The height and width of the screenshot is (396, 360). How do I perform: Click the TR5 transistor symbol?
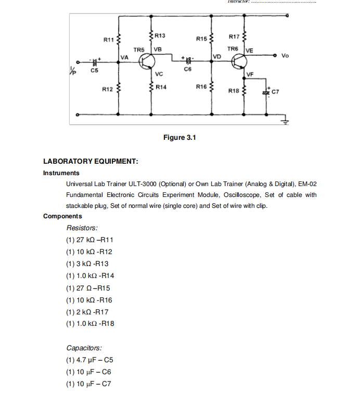(148, 62)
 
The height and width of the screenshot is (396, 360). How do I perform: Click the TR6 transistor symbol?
(239, 62)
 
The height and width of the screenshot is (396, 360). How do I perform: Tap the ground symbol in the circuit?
(286, 122)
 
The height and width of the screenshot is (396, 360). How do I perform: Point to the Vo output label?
(285, 55)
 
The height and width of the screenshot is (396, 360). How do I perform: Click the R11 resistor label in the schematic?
(108, 39)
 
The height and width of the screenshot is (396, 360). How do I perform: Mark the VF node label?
(250, 74)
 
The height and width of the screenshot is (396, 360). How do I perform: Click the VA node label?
(124, 57)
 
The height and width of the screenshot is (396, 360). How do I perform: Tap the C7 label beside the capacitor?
(276, 91)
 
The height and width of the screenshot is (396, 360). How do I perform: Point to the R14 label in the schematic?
(161, 87)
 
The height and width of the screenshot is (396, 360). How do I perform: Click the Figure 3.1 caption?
(179, 137)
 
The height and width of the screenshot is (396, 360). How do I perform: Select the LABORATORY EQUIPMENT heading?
(91, 161)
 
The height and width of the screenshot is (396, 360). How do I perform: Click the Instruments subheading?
(61, 173)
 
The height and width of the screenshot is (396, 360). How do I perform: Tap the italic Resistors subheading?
(82, 228)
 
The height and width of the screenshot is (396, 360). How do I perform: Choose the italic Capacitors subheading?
(84, 348)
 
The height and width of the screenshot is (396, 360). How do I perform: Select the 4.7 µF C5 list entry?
(89, 360)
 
